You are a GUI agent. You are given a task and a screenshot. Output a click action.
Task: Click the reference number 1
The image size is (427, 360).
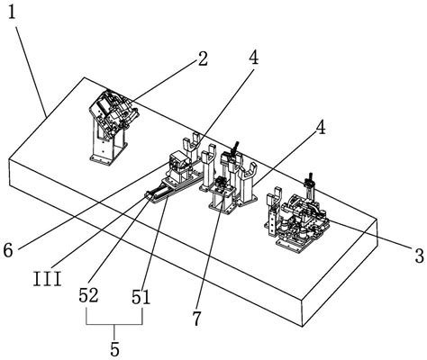(x=12, y=13)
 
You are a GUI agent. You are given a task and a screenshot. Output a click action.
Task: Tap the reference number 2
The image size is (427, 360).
(x=203, y=58)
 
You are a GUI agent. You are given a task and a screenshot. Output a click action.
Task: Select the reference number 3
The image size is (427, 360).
(x=419, y=256)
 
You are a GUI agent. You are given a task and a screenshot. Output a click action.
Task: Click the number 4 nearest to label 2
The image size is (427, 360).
(x=254, y=57)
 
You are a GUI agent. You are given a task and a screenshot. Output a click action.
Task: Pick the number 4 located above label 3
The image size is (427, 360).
(x=321, y=128)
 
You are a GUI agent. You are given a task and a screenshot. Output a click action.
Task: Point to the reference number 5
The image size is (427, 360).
(x=114, y=348)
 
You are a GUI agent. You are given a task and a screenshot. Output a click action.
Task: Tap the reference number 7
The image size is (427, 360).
(x=196, y=319)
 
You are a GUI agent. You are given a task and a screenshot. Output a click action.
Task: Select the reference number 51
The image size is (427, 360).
(x=141, y=297)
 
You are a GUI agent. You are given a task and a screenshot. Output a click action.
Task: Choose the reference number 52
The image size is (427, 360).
(x=88, y=295)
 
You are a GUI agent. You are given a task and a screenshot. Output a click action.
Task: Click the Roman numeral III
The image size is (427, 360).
(x=48, y=279)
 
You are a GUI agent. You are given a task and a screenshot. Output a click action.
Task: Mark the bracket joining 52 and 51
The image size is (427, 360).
(x=114, y=324)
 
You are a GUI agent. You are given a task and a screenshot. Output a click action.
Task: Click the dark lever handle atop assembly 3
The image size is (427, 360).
(x=309, y=178)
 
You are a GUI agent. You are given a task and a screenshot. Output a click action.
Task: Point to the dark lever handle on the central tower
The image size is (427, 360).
(x=234, y=148)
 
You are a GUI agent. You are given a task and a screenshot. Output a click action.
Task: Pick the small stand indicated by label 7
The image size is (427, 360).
(x=223, y=195)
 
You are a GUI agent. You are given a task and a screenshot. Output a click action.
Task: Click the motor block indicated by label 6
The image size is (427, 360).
(x=179, y=161)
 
